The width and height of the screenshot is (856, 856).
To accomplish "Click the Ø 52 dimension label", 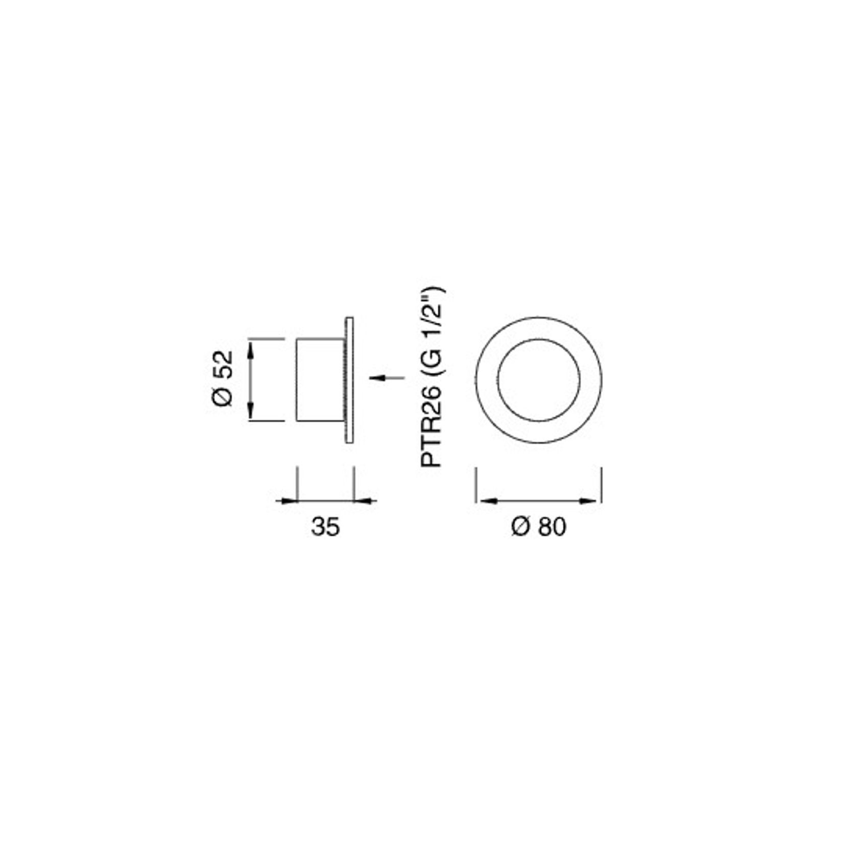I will pos(223,378).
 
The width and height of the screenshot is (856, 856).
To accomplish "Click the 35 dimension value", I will pos(325,527).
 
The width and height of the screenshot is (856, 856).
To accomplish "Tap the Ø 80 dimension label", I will pos(539,527).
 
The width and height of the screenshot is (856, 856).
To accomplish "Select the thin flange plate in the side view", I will pos(349,380).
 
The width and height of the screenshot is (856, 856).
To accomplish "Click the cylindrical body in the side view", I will pos(320,380).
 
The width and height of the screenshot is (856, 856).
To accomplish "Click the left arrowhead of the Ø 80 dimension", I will pos(486,501).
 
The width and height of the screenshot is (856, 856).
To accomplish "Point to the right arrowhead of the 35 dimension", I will pos(365,501).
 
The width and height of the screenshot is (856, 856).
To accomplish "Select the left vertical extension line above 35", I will pos(297,483).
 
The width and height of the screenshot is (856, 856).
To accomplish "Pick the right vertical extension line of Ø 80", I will pos(602,483).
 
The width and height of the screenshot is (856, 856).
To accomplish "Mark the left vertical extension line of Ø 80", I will pos(476,483).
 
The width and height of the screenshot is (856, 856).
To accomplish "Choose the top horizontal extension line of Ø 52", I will pos(266,338).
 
